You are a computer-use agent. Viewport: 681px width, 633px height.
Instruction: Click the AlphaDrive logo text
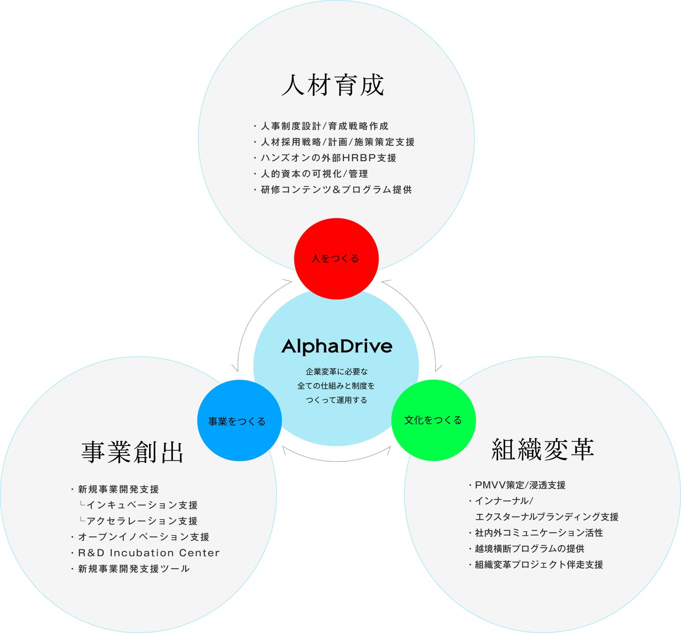point(337,347)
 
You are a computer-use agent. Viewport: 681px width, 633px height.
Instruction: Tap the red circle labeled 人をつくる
point(336,258)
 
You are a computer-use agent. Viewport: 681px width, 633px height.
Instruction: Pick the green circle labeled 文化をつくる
point(433,420)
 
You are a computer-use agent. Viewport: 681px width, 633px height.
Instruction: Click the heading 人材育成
point(333,85)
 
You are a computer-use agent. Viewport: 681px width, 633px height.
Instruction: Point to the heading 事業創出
point(133,452)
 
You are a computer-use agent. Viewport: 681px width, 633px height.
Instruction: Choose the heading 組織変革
point(543,450)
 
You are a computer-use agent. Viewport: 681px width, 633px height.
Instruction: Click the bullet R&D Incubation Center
point(149,553)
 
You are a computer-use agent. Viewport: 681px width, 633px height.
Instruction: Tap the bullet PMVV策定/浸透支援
point(520,485)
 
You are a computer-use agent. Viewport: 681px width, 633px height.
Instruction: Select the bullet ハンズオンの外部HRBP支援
point(328,158)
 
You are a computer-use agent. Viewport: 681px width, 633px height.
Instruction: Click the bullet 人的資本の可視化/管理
point(314,174)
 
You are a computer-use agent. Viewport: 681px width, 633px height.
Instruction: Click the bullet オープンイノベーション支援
point(144,537)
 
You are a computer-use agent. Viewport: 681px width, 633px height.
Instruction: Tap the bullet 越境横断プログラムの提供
point(530,549)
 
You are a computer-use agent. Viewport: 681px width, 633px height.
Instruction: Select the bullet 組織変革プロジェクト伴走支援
point(539,565)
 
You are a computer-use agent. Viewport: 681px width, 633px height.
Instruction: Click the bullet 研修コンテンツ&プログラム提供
point(336,190)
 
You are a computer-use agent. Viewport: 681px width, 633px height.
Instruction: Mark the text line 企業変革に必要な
point(337,372)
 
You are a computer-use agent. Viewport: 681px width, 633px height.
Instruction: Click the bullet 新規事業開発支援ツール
point(134,569)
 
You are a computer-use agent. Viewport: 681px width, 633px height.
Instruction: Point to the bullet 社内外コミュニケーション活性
point(539,533)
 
